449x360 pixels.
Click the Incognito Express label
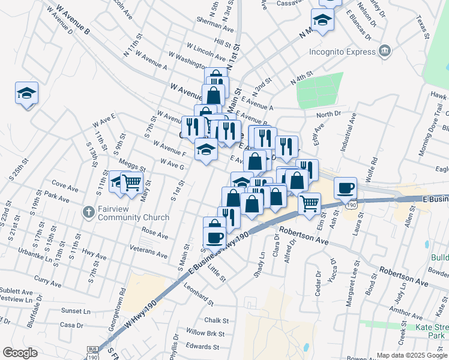click(342, 52)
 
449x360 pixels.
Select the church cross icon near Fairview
click(88, 212)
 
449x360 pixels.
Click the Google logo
click(20, 353)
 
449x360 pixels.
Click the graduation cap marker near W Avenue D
click(26, 93)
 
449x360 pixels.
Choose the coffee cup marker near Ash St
click(345, 188)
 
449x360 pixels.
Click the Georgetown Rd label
click(122, 308)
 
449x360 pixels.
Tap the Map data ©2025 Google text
click(412, 355)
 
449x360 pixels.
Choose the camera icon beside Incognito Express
click(385, 51)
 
